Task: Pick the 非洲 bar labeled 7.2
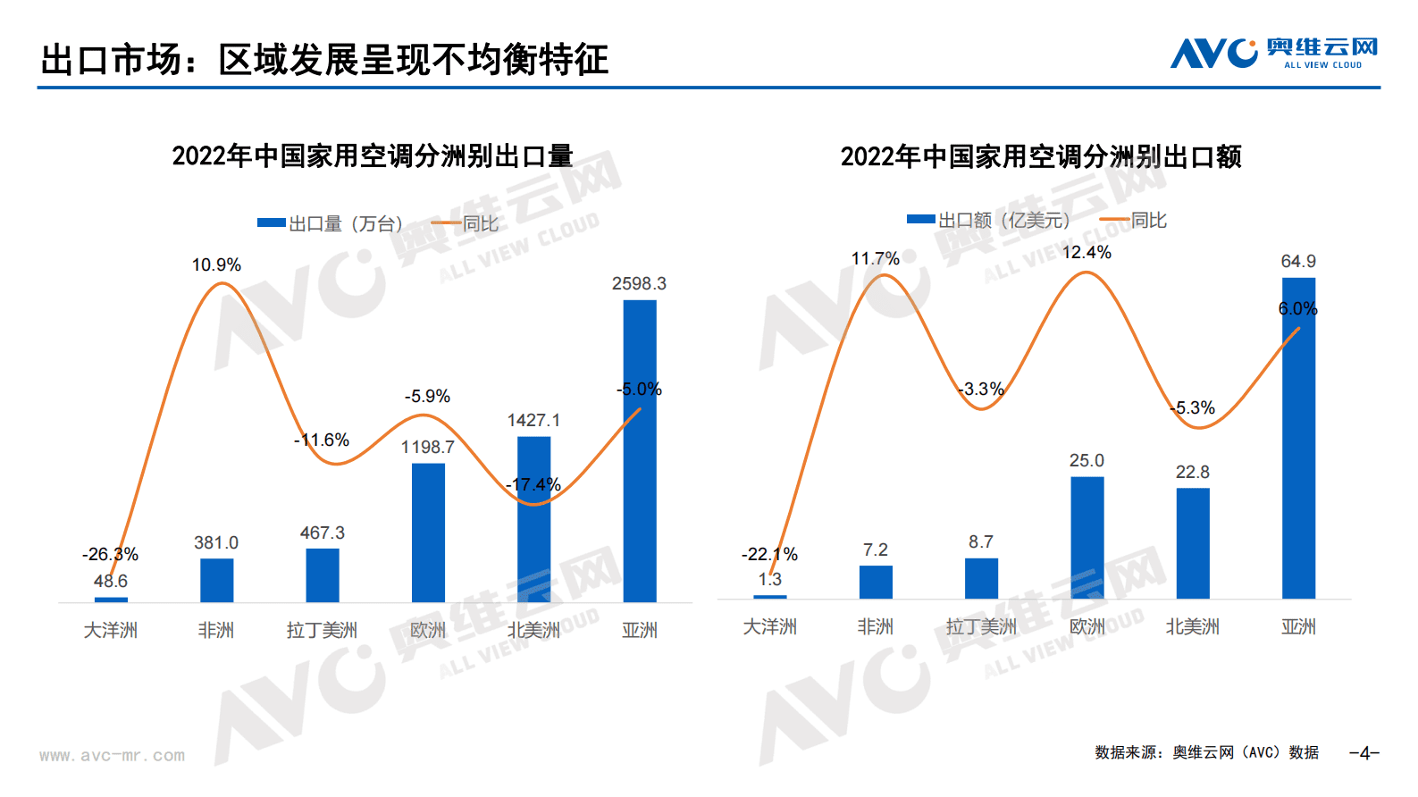coord(876,582)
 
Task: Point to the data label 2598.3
coord(639,284)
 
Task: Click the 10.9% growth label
coord(216,265)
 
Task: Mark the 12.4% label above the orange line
coord(1087,253)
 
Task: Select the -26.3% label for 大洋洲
coord(110,555)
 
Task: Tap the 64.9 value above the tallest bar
coord(1298,262)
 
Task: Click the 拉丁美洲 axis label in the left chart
coord(322,631)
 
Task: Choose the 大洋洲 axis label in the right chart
coord(769,627)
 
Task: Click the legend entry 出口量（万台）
coord(331,223)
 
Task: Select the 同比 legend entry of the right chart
coord(1134,220)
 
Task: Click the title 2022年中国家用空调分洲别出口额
coord(1041,157)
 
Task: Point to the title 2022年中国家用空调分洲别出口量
coord(373,156)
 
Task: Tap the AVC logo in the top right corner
coord(1274,54)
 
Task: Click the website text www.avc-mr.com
coord(113,756)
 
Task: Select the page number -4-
coord(1364,753)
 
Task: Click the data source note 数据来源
coord(1206,753)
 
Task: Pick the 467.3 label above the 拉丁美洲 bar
coord(322,533)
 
